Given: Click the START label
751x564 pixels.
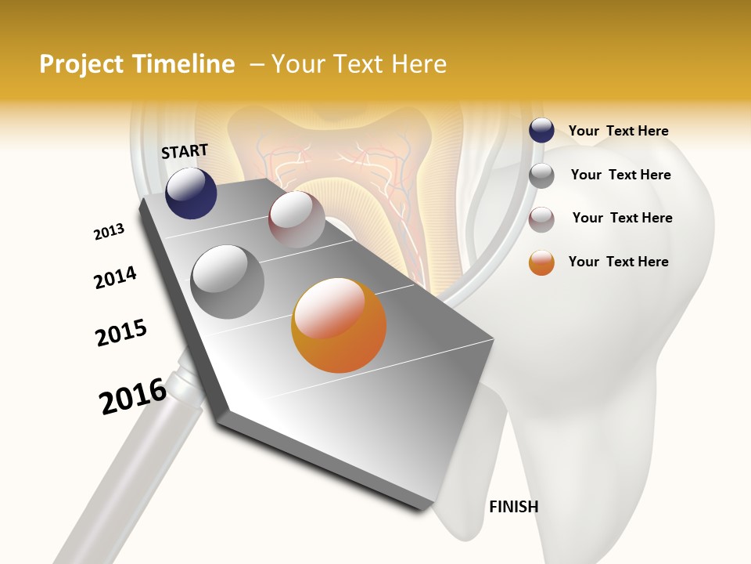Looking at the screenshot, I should (185, 151).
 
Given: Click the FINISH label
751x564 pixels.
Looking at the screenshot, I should (514, 507).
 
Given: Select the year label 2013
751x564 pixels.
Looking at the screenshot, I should (110, 232).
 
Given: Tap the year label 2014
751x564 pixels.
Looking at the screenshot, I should (115, 277).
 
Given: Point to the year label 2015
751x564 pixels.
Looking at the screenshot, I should (121, 333).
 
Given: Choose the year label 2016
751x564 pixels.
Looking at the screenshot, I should (133, 396).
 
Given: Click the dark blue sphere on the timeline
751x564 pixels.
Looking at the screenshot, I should (191, 193).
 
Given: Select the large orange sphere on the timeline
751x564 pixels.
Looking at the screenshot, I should (339, 325).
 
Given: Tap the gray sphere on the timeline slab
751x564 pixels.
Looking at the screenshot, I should (228, 282).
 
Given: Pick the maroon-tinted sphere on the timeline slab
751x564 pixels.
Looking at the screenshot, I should (296, 219).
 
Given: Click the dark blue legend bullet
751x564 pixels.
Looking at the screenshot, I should (541, 131).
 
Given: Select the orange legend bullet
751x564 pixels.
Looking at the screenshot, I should (541, 262).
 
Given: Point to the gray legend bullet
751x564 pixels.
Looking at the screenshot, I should (541, 175).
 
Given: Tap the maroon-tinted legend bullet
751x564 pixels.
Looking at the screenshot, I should (541, 219).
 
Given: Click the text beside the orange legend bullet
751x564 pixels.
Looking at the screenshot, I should (618, 262).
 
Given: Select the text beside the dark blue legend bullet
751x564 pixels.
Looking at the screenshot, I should (618, 131).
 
